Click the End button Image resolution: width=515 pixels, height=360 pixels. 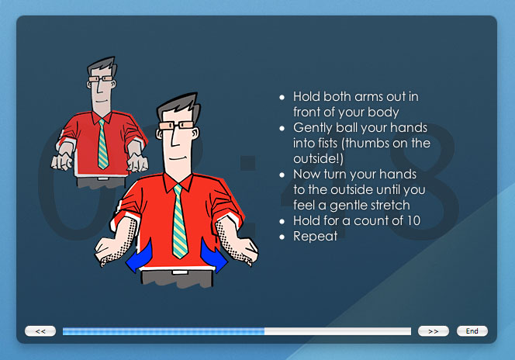click(x=472, y=331)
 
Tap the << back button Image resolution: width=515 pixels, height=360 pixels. click(x=40, y=331)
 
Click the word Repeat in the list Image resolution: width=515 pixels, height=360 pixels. click(x=315, y=236)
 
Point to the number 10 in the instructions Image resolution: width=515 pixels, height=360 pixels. click(x=413, y=220)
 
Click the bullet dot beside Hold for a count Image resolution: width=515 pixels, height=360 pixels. click(x=282, y=222)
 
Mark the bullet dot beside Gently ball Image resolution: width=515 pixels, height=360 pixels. click(x=282, y=129)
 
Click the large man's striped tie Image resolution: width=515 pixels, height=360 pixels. click(x=179, y=220)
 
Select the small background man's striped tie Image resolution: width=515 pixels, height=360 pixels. click(x=103, y=144)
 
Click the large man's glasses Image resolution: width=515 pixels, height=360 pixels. click(x=176, y=126)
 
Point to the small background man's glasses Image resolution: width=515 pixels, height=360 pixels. click(x=101, y=79)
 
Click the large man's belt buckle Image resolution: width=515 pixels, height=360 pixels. click(x=180, y=272)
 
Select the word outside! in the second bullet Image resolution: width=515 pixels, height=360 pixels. click(x=318, y=158)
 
